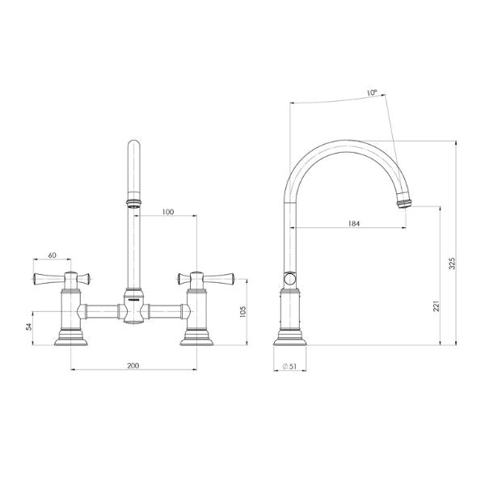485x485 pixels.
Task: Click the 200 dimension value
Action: coord(133,366)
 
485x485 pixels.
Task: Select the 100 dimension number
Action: coord(167,212)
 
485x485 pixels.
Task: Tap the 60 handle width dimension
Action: coord(53,255)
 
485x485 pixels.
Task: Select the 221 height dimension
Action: coord(436,307)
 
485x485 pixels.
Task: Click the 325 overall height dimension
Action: coord(452,264)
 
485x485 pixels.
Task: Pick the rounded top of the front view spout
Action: coord(133,145)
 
